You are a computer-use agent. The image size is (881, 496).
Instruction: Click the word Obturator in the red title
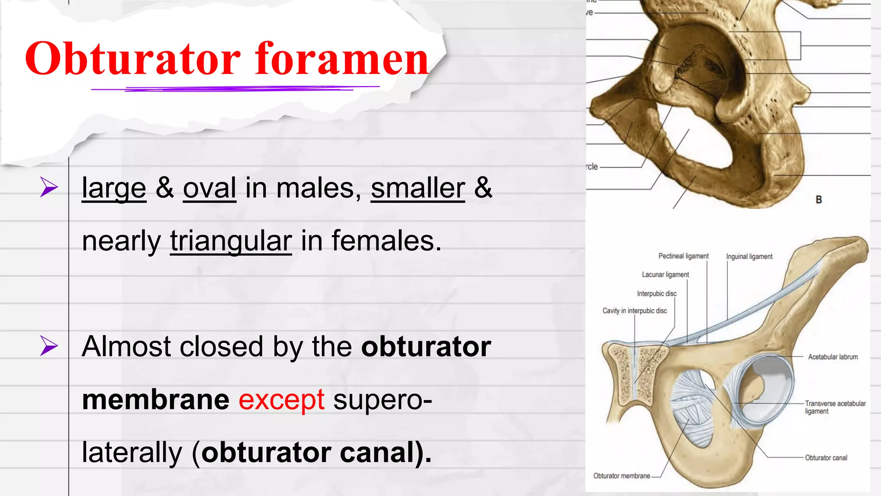pyautogui.click(x=132, y=59)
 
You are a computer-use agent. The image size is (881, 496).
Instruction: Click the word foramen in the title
pyautogui.click(x=342, y=59)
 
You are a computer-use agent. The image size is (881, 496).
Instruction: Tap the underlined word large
pyautogui.click(x=114, y=188)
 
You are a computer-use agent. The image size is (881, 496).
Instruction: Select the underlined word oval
pyautogui.click(x=209, y=188)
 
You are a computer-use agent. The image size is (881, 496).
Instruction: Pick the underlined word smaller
pyautogui.click(x=418, y=188)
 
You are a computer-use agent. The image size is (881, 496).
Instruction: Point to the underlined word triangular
pyautogui.click(x=231, y=241)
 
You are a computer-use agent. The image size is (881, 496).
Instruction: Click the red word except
pyautogui.click(x=281, y=400)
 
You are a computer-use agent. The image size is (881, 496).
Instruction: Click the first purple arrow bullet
pyautogui.click(x=49, y=187)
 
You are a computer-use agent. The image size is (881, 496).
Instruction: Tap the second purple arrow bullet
pyautogui.click(x=49, y=346)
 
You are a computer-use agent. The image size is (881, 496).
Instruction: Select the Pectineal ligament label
pyautogui.click(x=683, y=256)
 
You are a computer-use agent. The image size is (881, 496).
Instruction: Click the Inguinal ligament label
pyautogui.click(x=749, y=257)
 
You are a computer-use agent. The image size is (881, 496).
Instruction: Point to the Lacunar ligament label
pyautogui.click(x=665, y=275)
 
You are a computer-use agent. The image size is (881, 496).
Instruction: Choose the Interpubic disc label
pyautogui.click(x=656, y=294)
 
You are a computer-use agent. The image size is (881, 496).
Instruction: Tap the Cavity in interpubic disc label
pyautogui.click(x=635, y=311)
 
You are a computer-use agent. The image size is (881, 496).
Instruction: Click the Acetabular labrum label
pyautogui.click(x=832, y=357)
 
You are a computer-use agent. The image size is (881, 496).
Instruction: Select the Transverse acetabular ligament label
pyautogui.click(x=835, y=407)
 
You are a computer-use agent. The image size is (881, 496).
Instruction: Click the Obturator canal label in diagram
pyautogui.click(x=826, y=458)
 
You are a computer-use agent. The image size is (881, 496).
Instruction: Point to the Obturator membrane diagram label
pyautogui.click(x=622, y=476)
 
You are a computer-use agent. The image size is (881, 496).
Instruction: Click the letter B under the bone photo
pyautogui.click(x=819, y=200)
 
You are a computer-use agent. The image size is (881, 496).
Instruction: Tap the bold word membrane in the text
pyautogui.click(x=156, y=400)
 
